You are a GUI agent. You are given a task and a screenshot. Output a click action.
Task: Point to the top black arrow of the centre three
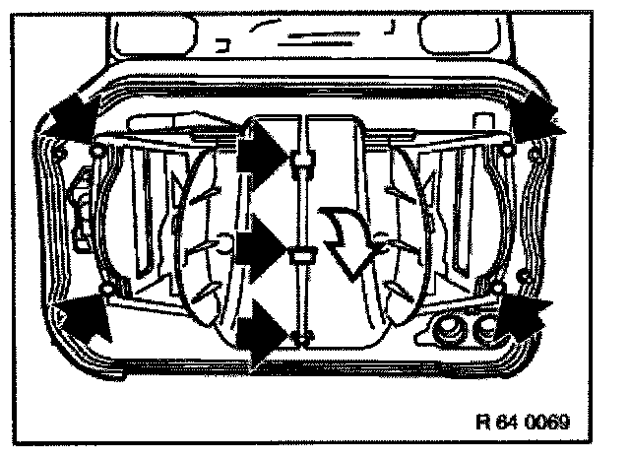[264, 157]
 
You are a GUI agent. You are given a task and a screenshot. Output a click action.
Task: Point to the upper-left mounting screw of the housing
[98, 150]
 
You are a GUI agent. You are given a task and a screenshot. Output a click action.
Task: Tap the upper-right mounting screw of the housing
[507, 149]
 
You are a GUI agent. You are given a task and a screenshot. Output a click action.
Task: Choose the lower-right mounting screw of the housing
[497, 288]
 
